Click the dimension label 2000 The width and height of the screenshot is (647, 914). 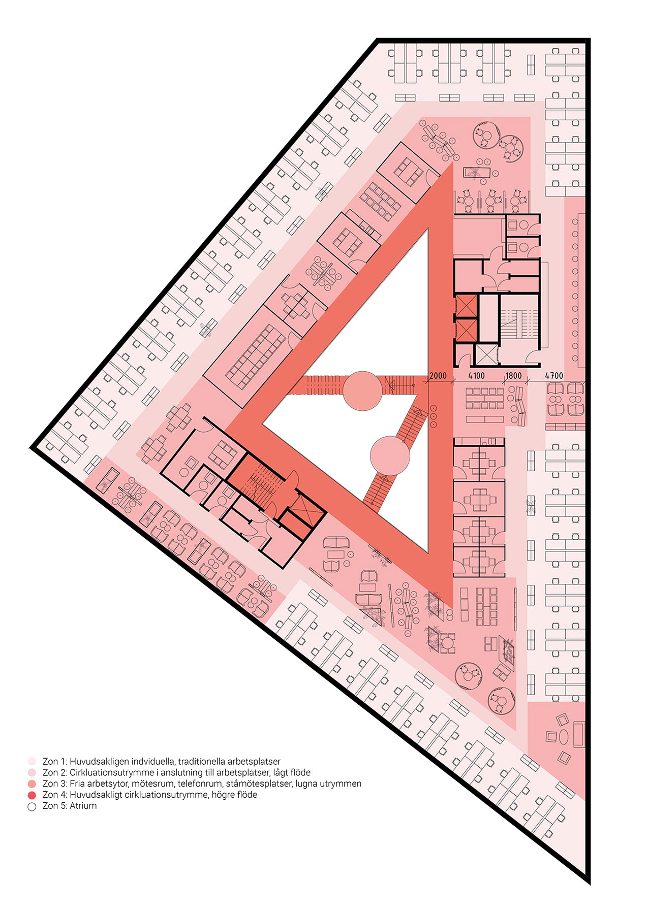[438, 376]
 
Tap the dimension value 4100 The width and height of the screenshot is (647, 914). [476, 376]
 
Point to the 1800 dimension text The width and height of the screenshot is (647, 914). [513, 376]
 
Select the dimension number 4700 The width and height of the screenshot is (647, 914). [554, 376]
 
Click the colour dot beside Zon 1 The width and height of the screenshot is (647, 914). [32, 762]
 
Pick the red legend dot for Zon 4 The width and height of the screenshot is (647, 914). [32, 795]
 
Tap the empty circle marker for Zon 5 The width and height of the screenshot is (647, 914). [32, 806]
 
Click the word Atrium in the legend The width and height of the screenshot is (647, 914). [83, 806]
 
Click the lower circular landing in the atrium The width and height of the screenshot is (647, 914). [390, 455]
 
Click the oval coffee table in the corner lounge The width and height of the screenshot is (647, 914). [564, 737]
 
